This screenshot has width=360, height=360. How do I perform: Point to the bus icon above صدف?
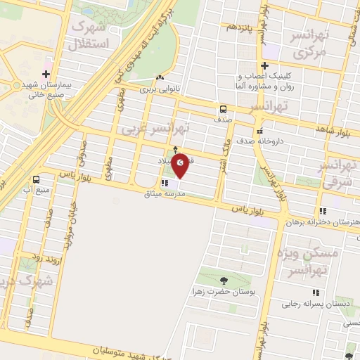[x=223, y=109]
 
